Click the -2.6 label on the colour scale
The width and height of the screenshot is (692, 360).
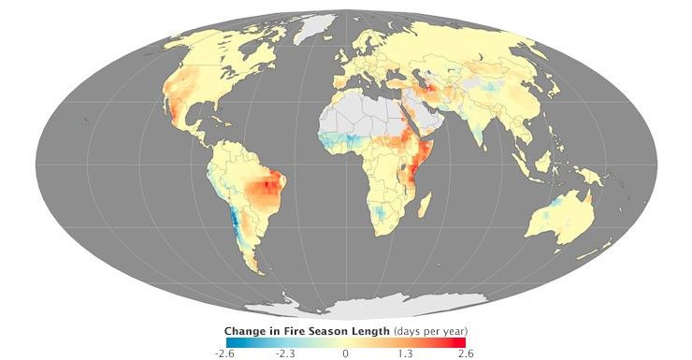coord(223,353)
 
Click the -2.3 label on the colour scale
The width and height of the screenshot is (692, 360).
coord(284,353)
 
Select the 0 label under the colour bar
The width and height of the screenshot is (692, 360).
coord(345,353)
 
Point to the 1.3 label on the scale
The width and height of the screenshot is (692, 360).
coord(407,353)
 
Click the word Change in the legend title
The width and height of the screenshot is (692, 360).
coord(249,331)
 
